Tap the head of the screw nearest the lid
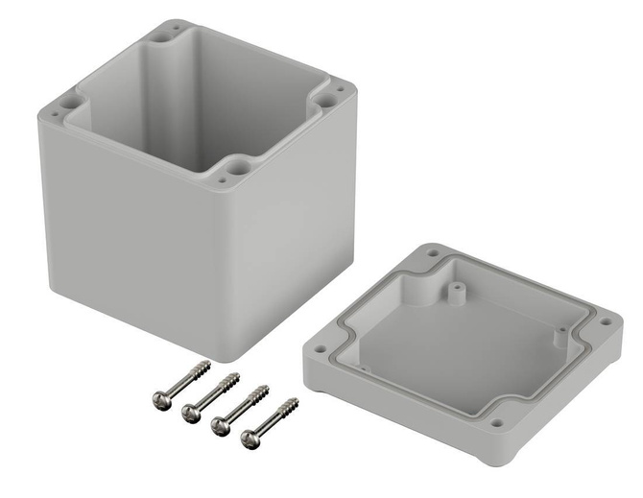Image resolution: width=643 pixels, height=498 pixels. point(250,440)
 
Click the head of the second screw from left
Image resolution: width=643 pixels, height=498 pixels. point(190,412)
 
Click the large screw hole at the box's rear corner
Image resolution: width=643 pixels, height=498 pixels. point(175,32)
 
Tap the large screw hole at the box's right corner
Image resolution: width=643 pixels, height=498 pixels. point(328,99)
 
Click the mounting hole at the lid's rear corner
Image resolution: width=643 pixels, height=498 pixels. point(434,254)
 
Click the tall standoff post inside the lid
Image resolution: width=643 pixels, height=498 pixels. point(452,287)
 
